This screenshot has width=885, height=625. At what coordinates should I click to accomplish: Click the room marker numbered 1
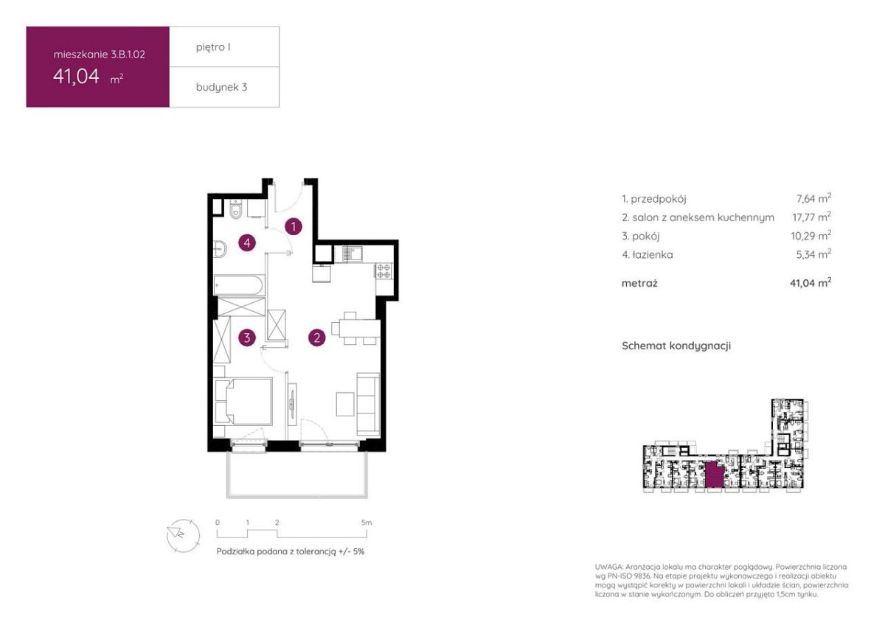(294, 226)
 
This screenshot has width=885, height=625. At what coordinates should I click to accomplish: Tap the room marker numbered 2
(317, 338)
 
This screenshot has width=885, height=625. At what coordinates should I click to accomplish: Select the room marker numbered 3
(247, 338)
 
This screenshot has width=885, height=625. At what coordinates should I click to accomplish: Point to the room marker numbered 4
(247, 242)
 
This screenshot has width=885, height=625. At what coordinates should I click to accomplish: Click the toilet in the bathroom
(236, 209)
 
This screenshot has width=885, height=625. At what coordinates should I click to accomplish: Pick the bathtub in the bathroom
(238, 285)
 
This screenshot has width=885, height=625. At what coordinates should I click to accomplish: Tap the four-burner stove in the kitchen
(383, 270)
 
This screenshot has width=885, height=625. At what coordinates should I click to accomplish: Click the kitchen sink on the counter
(352, 254)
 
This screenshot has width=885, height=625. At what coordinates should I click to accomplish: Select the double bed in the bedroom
(243, 401)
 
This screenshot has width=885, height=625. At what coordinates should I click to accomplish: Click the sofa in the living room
(368, 405)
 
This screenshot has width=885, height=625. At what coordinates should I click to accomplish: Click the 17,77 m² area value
(811, 217)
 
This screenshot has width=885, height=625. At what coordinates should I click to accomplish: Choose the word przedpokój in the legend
(658, 199)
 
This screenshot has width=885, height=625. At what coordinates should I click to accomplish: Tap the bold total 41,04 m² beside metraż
(811, 283)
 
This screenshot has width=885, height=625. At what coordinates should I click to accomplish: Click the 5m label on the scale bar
(367, 523)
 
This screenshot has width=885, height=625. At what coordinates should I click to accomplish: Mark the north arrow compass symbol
(183, 535)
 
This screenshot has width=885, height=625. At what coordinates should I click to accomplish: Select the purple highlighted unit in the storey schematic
(715, 476)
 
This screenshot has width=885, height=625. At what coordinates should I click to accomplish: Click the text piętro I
(213, 47)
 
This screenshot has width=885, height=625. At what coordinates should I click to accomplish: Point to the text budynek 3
(222, 87)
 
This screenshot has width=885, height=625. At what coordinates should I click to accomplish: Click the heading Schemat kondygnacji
(676, 346)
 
